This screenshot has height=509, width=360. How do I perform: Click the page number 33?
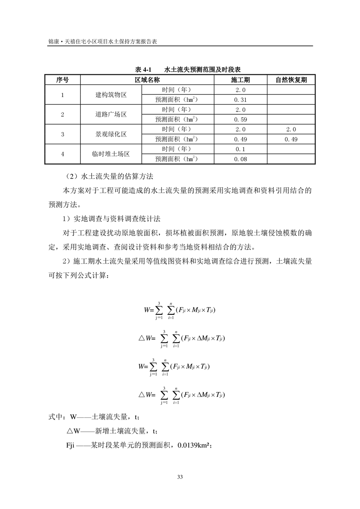pyautogui.click(x=180, y=477)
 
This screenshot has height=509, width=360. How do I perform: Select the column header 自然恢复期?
pyautogui.click(x=291, y=80)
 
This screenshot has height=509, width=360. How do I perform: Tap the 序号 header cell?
pyautogui.click(x=62, y=80)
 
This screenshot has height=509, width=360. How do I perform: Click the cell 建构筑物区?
pyautogui.click(x=111, y=95)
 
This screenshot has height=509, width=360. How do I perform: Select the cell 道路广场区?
pyautogui.click(x=111, y=115)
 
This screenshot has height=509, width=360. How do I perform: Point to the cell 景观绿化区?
pyautogui.click(x=111, y=134)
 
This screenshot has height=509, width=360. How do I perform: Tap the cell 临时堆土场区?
pyautogui.click(x=111, y=154)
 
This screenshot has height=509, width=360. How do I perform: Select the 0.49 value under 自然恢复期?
pyautogui.click(x=291, y=139)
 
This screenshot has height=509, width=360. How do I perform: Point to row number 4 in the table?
pyautogui.click(x=62, y=154)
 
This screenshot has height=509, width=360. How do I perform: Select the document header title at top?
pyautogui.click(x=102, y=41)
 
